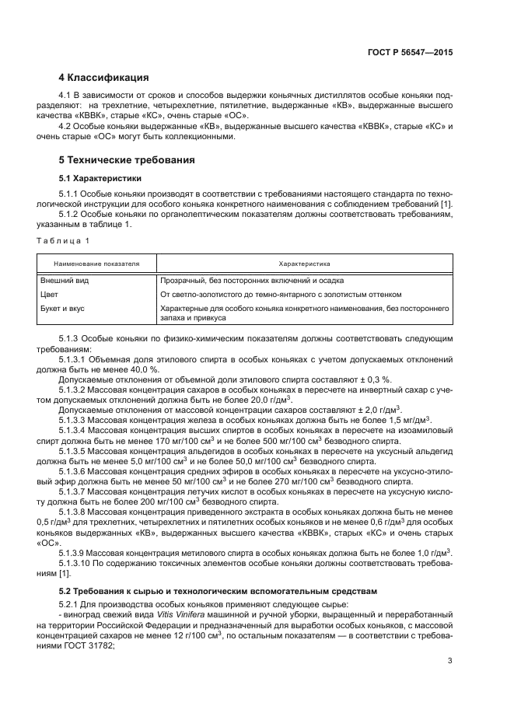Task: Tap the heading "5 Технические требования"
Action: (127, 160)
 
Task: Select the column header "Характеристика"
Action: (304, 264)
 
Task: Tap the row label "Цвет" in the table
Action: (49, 295)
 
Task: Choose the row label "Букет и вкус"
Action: (62, 309)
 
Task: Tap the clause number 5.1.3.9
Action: (77, 552)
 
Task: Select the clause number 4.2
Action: (68, 126)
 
